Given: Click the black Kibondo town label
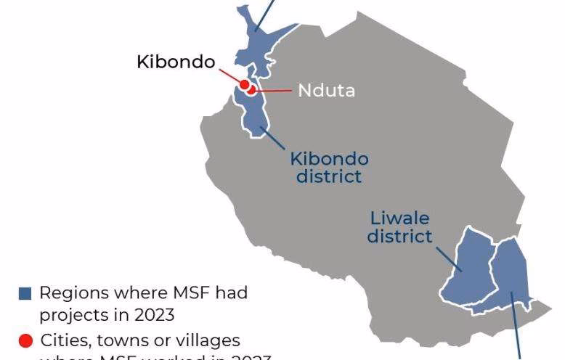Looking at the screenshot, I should tap(176, 62).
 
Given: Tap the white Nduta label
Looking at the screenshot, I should tap(326, 91).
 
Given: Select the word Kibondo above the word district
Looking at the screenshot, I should tap(329, 159).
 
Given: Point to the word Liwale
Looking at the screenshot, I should tap(399, 218).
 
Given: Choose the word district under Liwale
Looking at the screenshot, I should tap(399, 235).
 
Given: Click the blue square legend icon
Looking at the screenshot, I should tap(25, 294).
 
